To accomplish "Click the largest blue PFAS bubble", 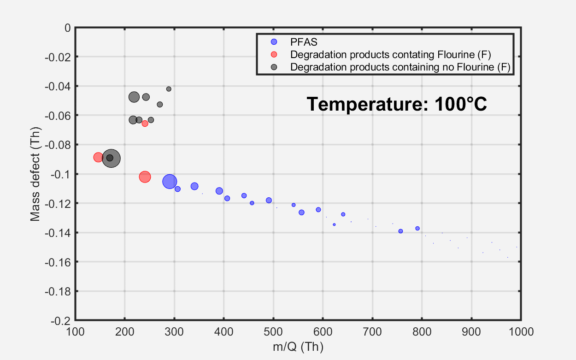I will pos(170,182).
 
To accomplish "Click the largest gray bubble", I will pos(111,158).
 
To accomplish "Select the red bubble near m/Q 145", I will pos(98,157).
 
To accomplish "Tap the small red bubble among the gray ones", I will pos(145,124).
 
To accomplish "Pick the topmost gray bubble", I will pos(169,89).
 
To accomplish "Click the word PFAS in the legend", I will pos(300,41).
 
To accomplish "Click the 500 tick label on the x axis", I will pos(273,330).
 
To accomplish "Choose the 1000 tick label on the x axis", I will pos(520,330).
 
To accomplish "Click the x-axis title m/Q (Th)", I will pos(298,347).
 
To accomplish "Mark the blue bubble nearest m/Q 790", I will pos(417,228).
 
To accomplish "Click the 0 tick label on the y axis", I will pos(68,28).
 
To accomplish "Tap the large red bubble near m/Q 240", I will pos(145,177).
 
